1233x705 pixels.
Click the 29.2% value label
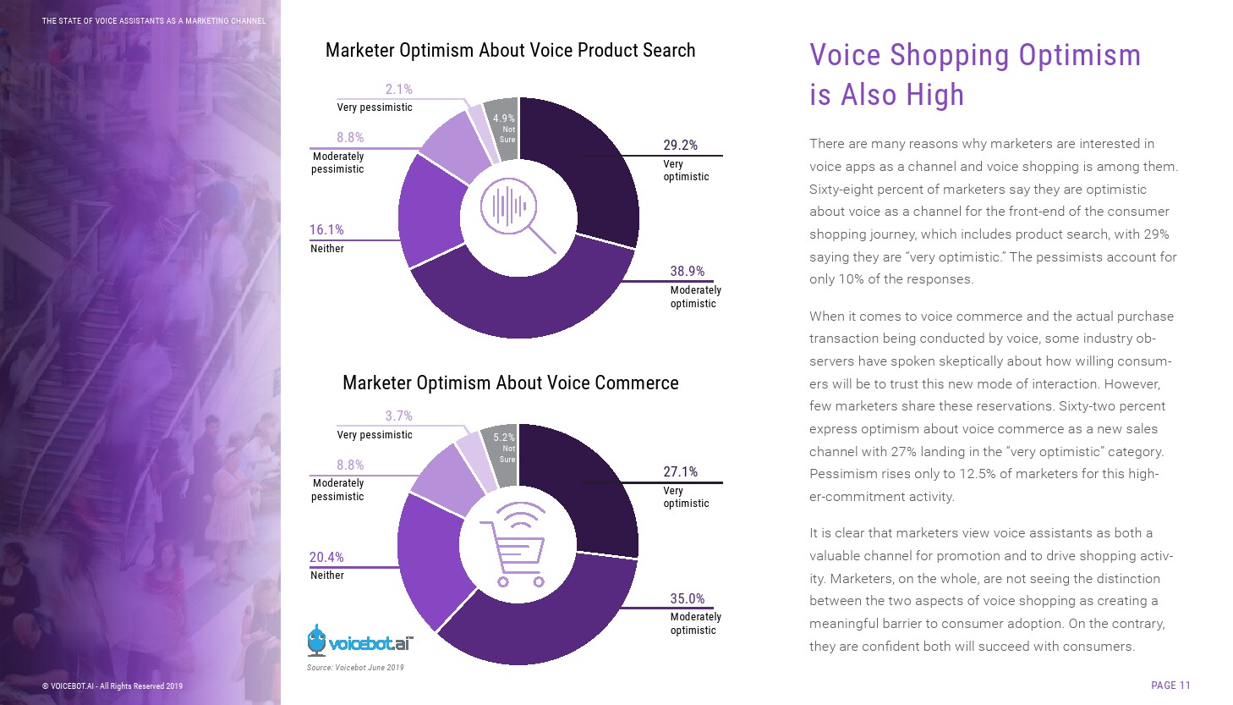click(x=680, y=146)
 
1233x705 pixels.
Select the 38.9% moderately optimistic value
click(x=687, y=272)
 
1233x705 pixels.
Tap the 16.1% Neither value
click(x=326, y=230)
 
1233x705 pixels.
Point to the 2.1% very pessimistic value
click(x=398, y=90)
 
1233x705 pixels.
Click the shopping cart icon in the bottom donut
click(x=513, y=543)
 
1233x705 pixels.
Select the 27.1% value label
click(x=680, y=472)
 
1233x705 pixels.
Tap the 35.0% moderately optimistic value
click(x=687, y=599)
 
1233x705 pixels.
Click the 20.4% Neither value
click(x=326, y=558)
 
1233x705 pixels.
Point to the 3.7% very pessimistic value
click(x=398, y=416)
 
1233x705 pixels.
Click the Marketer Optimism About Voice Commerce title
click(x=510, y=383)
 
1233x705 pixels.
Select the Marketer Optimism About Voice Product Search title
click(x=510, y=51)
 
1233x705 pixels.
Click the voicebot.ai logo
click(x=360, y=642)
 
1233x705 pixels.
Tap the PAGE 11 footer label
click(x=1170, y=686)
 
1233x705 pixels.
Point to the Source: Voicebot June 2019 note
click(x=355, y=668)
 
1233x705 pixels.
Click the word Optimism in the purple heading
click(x=1079, y=56)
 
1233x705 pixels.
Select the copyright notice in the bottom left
click(x=112, y=686)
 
